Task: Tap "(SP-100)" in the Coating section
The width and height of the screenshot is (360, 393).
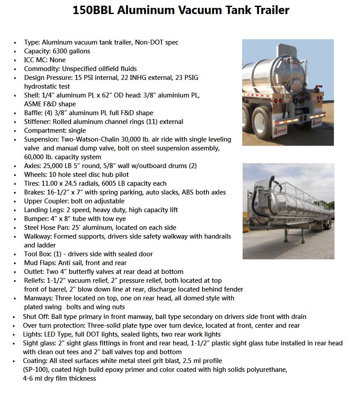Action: pos(37,370)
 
